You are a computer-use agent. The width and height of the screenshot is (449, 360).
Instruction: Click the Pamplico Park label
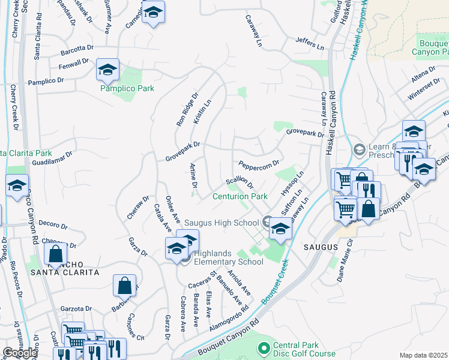point(127,88)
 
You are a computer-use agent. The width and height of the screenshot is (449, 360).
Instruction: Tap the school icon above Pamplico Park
point(107,71)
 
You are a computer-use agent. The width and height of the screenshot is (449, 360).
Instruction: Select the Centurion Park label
point(240,196)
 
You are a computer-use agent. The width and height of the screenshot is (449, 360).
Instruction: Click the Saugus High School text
point(221,223)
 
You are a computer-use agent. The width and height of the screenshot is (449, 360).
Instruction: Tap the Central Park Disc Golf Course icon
point(263,347)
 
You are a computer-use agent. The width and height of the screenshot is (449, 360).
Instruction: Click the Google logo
point(20,353)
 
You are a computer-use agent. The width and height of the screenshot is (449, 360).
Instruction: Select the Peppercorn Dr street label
point(259,164)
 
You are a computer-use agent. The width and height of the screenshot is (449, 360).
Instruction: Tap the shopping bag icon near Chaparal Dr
point(56,254)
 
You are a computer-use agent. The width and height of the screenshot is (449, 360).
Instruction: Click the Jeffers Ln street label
point(309,44)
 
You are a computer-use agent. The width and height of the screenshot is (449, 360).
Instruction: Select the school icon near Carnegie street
point(153,14)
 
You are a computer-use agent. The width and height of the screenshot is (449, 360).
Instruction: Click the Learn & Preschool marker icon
point(359,149)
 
